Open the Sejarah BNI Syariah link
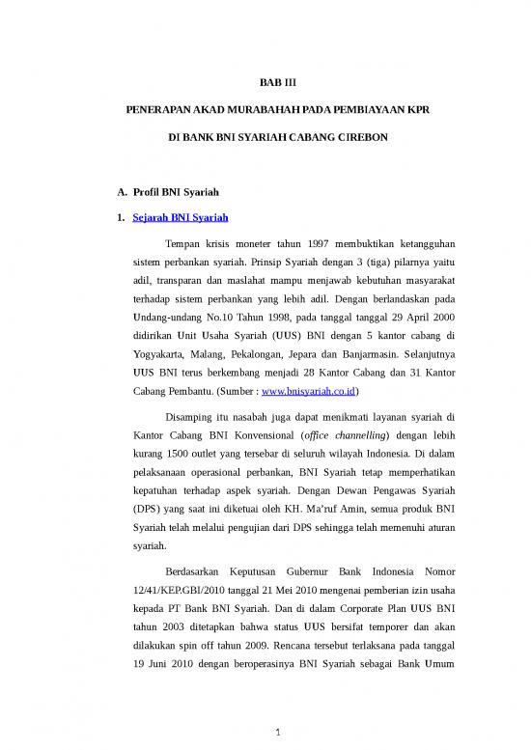(x=180, y=218)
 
